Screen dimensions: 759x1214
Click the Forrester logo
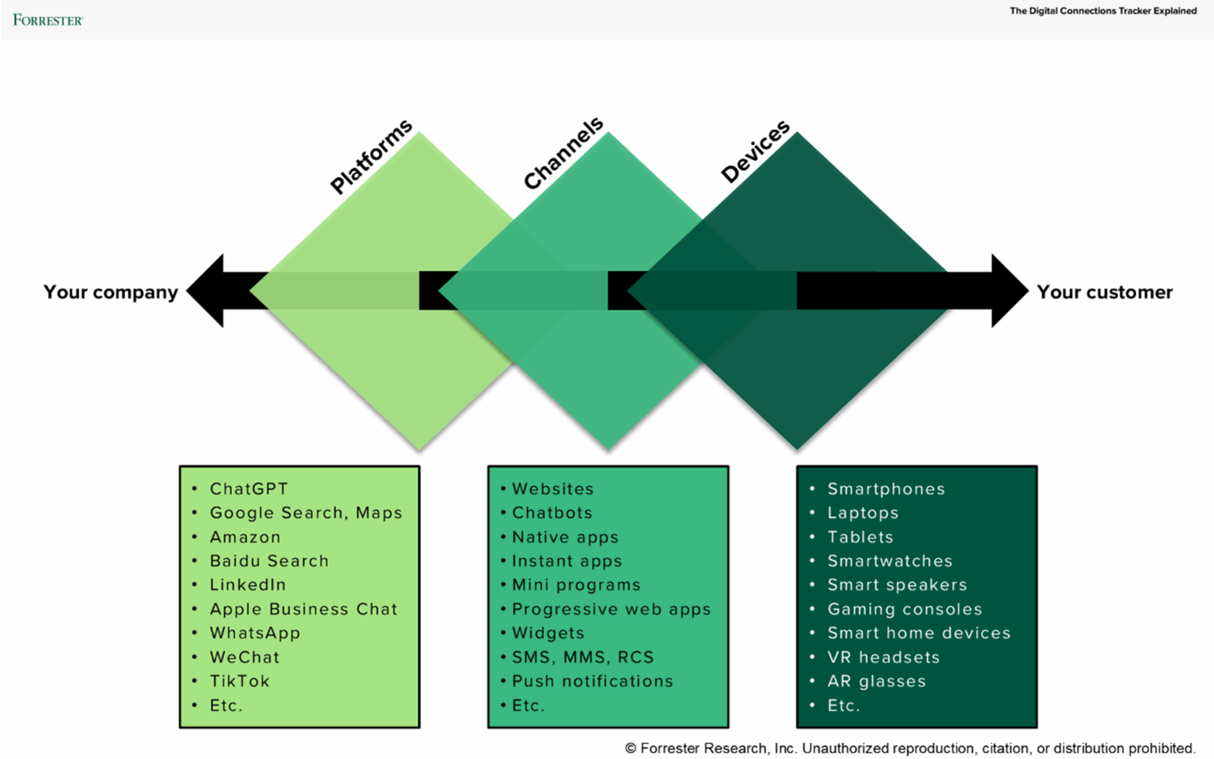(47, 20)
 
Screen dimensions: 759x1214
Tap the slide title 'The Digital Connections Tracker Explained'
(1103, 11)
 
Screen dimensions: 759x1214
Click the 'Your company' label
(111, 292)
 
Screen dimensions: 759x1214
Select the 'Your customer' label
(1104, 292)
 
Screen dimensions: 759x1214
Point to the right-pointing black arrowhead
(1008, 291)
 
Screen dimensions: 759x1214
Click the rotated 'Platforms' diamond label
(372, 156)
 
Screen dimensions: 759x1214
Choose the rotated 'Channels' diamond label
(563, 153)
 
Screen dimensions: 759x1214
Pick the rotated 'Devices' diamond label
(755, 152)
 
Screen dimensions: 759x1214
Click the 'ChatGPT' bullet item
(249, 489)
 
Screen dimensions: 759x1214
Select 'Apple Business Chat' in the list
(303, 609)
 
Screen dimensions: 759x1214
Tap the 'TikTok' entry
(239, 681)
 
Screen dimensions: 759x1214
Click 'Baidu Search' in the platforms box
(269, 561)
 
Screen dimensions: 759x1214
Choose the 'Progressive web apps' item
(611, 609)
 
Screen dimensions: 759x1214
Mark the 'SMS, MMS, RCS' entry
(583, 657)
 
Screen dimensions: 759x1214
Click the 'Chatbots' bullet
(552, 513)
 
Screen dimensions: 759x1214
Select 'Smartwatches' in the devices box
(890, 561)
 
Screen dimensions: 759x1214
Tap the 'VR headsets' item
(883, 657)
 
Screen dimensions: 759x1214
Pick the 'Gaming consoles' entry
(905, 609)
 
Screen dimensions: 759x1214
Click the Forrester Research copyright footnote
(910, 748)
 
